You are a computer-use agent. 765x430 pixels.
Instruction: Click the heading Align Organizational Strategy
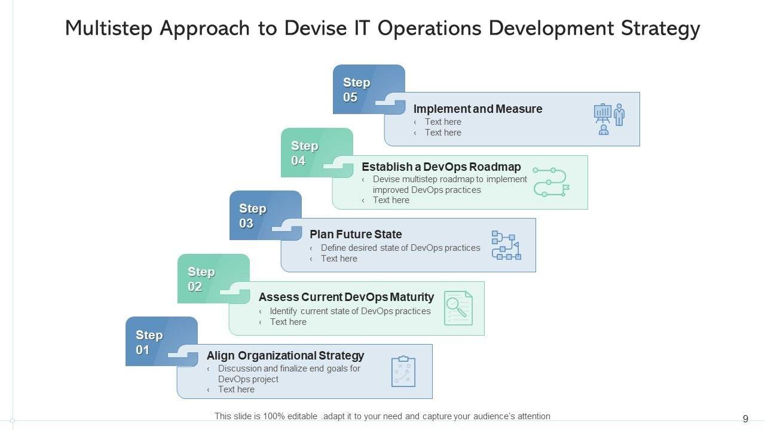pyautogui.click(x=285, y=355)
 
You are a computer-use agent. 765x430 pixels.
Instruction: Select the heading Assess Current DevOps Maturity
pyautogui.click(x=346, y=297)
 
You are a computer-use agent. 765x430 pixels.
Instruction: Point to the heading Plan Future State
pyautogui.click(x=356, y=234)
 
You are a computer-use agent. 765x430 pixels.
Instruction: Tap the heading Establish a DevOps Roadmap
pyautogui.click(x=441, y=167)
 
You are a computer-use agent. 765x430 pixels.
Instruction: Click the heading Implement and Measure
pyautogui.click(x=478, y=109)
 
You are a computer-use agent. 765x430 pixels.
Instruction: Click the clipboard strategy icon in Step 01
pyautogui.click(x=403, y=371)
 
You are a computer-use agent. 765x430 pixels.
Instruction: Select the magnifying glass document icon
pyautogui.click(x=458, y=308)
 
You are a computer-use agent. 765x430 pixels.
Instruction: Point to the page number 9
pyautogui.click(x=745, y=419)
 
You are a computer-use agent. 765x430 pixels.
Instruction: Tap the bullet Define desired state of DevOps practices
pyautogui.click(x=400, y=248)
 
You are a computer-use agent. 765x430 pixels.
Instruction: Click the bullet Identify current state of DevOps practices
pyautogui.click(x=350, y=311)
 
